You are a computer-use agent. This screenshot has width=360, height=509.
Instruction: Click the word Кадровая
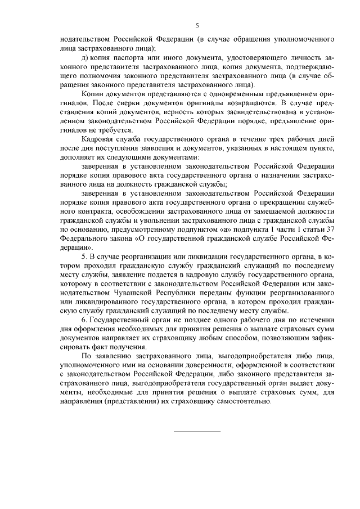click(98, 138)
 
